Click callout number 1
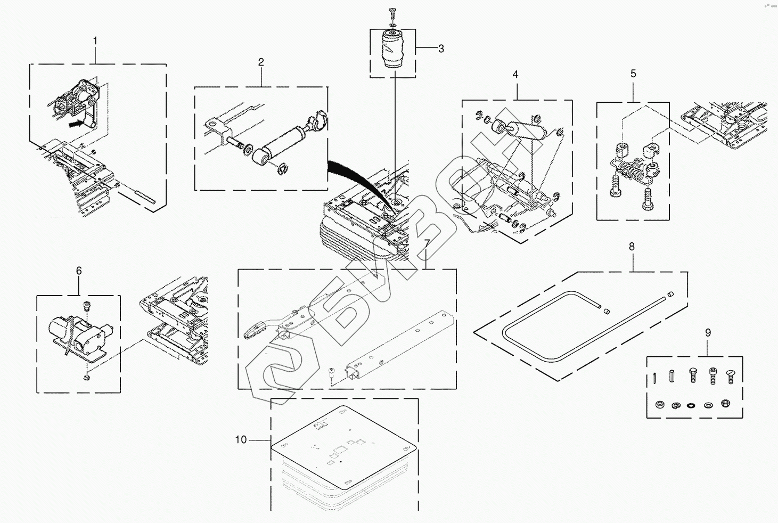95,41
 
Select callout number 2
261,62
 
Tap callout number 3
441,48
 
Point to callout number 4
515,75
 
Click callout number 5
633,73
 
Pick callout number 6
79,271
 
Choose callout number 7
427,243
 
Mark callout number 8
632,247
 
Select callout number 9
708,333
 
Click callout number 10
241,440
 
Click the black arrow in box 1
77,124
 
